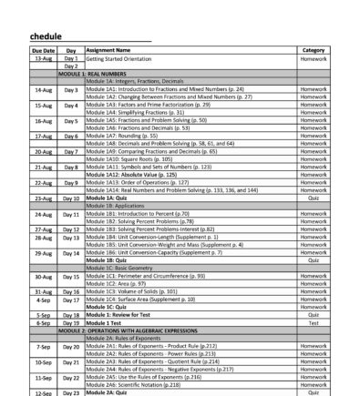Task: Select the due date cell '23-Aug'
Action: pyautogui.click(x=43, y=198)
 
